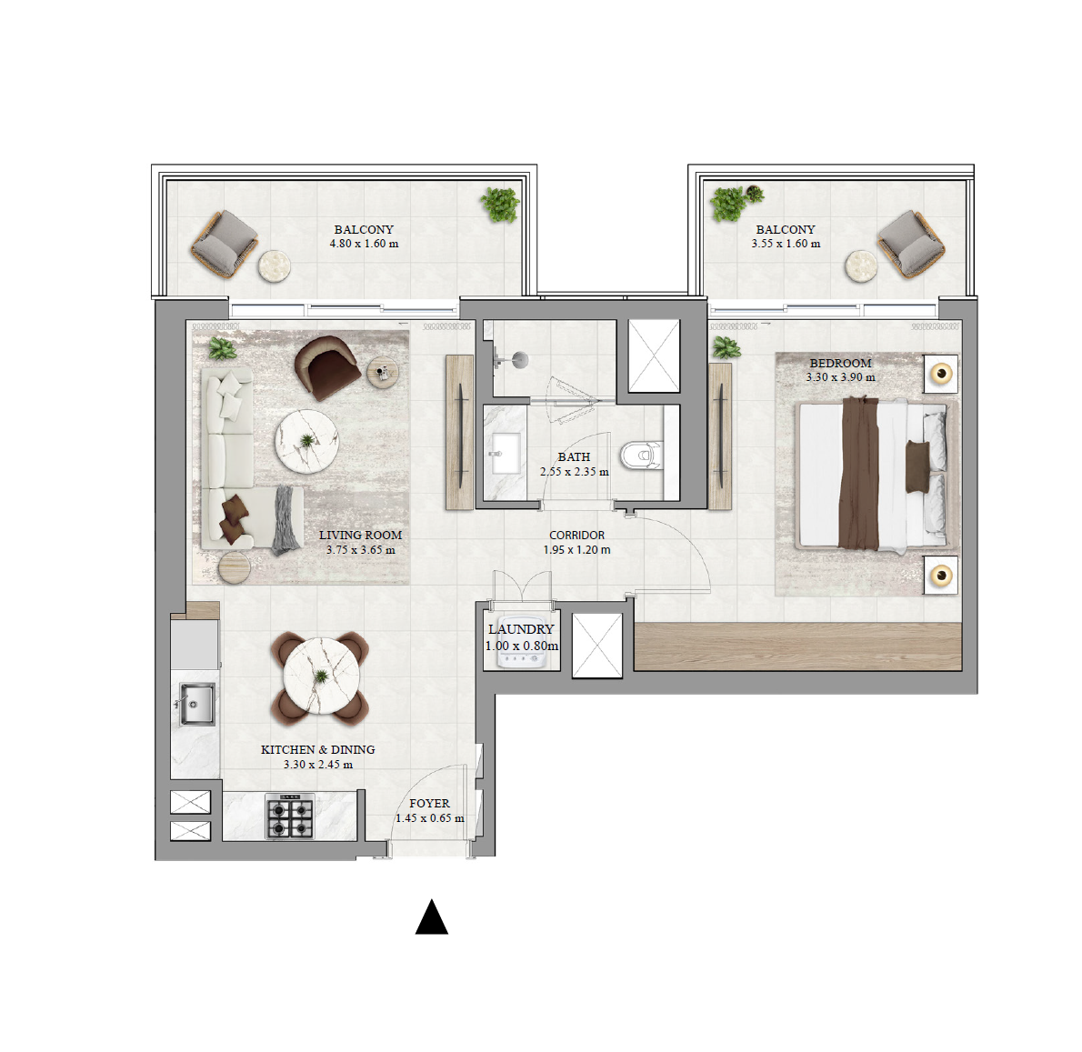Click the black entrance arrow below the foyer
pyautogui.click(x=432, y=917)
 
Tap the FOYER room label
pyautogui.click(x=429, y=804)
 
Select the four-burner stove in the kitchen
pyautogui.click(x=290, y=816)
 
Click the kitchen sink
pyautogui.click(x=196, y=705)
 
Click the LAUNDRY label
pyautogui.click(x=521, y=629)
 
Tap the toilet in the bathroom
pyautogui.click(x=642, y=453)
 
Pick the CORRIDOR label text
pyautogui.click(x=576, y=536)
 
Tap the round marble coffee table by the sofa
pyautogui.click(x=307, y=441)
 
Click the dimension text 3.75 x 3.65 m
pyautogui.click(x=361, y=550)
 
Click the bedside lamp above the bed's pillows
pyautogui.click(x=941, y=374)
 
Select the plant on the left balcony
pyautogui.click(x=500, y=205)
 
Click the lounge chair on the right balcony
pyautogui.click(x=910, y=244)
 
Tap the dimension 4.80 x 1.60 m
pyautogui.click(x=364, y=244)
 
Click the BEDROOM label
pyautogui.click(x=840, y=363)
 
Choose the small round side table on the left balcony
pyautogui.click(x=274, y=266)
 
